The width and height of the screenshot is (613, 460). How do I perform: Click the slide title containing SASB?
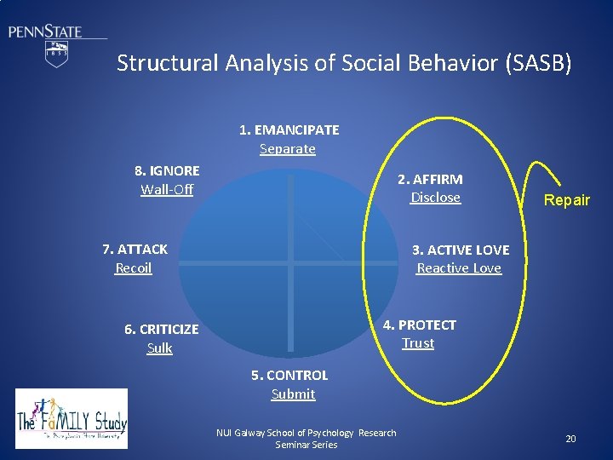pos(344,63)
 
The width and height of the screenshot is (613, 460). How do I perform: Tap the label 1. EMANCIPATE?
pos(289,130)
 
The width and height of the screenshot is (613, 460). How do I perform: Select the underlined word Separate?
pos(288,149)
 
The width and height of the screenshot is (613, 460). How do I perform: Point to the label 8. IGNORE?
pos(166,170)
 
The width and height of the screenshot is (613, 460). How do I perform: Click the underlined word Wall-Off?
pos(167,189)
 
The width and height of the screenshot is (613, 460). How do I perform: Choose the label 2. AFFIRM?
pos(431,179)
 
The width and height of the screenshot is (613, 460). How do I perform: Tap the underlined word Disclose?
pos(435,198)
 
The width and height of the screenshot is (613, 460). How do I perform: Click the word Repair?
pos(567,201)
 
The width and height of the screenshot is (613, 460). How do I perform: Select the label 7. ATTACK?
pos(135,250)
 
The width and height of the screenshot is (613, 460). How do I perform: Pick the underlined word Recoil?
pos(134,268)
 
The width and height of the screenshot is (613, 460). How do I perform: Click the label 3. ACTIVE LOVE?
pos(461,250)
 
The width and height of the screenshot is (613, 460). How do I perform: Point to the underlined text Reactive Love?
pos(459,268)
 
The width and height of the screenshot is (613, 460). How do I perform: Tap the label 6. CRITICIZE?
pos(161,330)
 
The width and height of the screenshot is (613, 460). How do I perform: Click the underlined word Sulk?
pos(160,348)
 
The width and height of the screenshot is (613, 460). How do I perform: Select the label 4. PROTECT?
pos(420,325)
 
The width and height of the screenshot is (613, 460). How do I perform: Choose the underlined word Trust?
pos(418,343)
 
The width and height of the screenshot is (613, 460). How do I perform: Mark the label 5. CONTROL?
pos(289,376)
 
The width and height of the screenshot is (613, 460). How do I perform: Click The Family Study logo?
pos(72,418)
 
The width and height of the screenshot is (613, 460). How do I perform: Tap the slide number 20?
pos(570,439)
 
